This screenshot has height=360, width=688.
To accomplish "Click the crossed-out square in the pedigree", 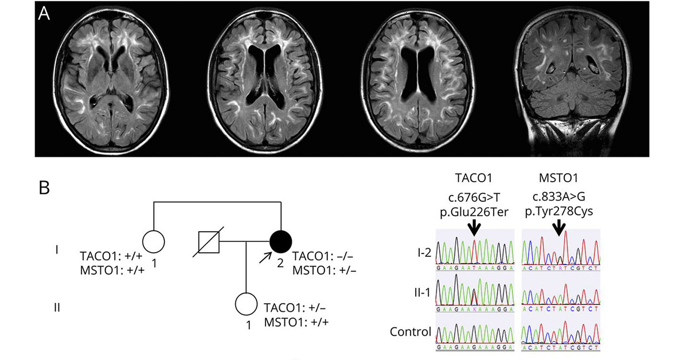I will (208, 241).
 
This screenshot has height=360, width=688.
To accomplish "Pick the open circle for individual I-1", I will (153, 241).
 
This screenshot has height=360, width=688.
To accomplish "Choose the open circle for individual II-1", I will (246, 304).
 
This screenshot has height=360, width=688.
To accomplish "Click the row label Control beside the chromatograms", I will (410, 331).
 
